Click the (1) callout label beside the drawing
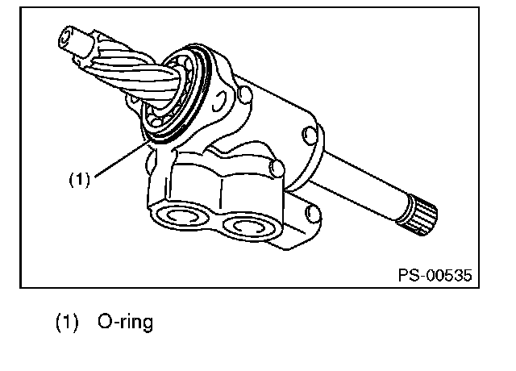point(79,180)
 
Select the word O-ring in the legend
point(126,322)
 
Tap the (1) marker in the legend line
point(67,323)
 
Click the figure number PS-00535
point(435,275)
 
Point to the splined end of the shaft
point(418,215)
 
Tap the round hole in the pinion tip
point(64,39)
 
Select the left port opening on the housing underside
point(181,216)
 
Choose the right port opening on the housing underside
point(250,227)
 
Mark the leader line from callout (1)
point(121,159)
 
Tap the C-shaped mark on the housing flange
point(219,101)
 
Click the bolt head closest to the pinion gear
point(245,94)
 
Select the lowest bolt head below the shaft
point(313,214)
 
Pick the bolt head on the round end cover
point(310,135)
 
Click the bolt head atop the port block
point(277,168)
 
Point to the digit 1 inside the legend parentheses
point(67,322)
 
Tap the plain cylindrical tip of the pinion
point(76,41)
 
